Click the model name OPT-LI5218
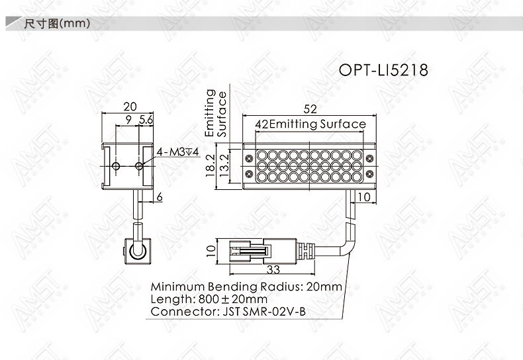[383, 70]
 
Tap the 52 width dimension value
[310, 109]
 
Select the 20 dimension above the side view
[130, 107]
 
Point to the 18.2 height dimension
[210, 165]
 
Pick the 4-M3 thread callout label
[178, 152]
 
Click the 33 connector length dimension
[273, 269]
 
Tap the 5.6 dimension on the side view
[146, 119]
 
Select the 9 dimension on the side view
[128, 120]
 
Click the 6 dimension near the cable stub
[160, 197]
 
